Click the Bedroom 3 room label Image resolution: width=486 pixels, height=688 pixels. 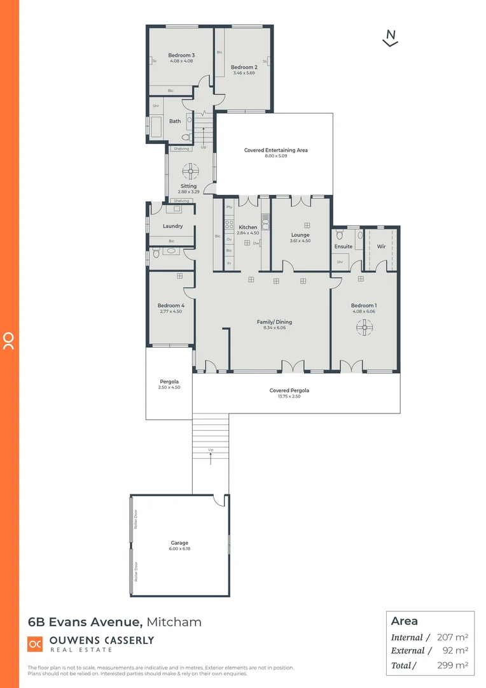181,55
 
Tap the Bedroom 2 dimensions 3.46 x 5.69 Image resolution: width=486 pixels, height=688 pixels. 244,73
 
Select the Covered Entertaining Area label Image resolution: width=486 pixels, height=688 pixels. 275,150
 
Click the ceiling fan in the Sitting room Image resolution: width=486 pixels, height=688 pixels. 190,171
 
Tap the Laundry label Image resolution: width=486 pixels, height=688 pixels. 172,226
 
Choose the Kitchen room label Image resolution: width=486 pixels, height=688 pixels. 248,227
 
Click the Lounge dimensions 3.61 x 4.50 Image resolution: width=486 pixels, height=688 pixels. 300,241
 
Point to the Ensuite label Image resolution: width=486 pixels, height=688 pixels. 344,247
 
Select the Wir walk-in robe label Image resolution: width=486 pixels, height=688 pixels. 381,247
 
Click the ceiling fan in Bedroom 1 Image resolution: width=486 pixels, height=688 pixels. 364,327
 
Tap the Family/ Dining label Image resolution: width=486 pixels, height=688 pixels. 274,322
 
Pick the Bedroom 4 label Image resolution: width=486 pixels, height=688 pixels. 170,306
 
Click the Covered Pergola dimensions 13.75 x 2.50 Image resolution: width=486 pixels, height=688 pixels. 289,396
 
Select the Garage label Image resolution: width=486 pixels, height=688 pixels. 179,543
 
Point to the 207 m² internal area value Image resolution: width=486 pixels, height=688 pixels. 452,637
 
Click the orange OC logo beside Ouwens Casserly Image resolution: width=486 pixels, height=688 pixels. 35,643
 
